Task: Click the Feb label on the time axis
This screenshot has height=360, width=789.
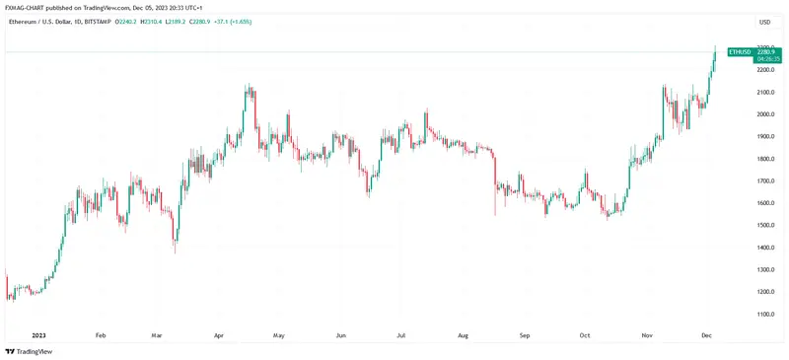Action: pyautogui.click(x=100, y=335)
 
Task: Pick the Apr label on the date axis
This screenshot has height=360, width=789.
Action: pyautogui.click(x=218, y=335)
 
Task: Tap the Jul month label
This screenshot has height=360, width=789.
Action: pyautogui.click(x=401, y=335)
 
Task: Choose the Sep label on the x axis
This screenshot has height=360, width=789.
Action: pyautogui.click(x=524, y=335)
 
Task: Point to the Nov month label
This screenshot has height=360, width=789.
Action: pyautogui.click(x=647, y=335)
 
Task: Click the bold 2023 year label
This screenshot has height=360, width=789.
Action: pyautogui.click(x=39, y=335)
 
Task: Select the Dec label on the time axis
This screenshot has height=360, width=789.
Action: pyautogui.click(x=706, y=335)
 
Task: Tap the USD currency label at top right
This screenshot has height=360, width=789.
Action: pyautogui.click(x=764, y=21)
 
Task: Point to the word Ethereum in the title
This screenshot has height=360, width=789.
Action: pyautogui.click(x=21, y=21)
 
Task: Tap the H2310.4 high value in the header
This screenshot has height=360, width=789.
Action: pyautogui.click(x=152, y=21)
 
